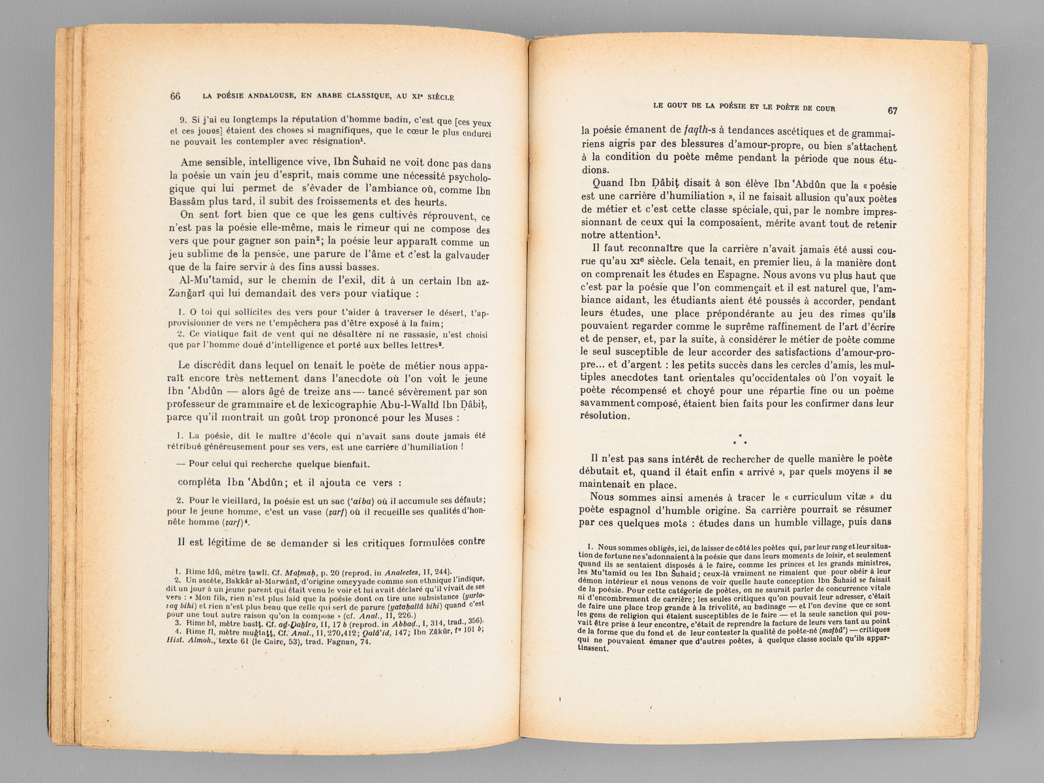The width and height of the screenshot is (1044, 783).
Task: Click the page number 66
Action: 175,96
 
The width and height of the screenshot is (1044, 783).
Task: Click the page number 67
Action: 893,110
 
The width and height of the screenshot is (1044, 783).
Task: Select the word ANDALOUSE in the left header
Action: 265,97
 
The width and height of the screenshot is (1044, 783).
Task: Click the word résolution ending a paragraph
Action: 604,416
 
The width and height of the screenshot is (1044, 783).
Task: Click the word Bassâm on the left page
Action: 188,202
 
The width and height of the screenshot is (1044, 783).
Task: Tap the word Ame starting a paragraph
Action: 191,164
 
